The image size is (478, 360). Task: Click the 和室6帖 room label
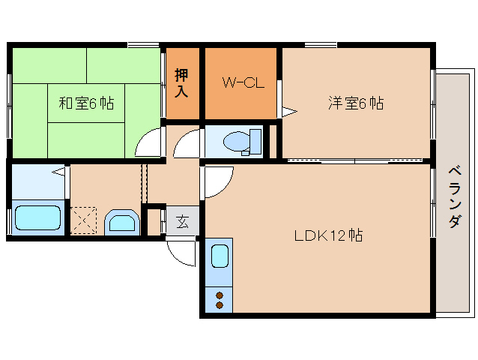(x=86, y=103)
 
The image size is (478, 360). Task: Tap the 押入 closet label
(x=182, y=82)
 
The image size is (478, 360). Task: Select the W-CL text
(x=242, y=83)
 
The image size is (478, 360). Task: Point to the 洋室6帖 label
(x=355, y=103)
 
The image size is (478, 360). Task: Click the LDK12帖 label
(x=328, y=235)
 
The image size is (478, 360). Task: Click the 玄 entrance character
(x=183, y=221)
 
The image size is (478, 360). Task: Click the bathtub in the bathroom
(x=37, y=218)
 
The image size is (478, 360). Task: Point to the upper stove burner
(x=220, y=295)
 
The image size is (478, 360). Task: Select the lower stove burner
(x=220, y=305)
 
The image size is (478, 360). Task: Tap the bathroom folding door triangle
(x=58, y=172)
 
